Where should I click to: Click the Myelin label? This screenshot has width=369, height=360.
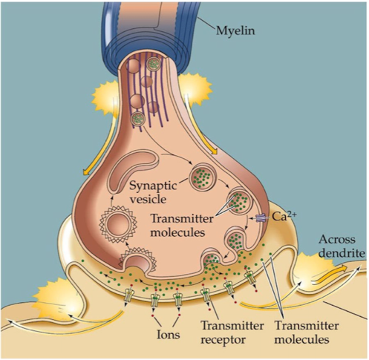(x=235, y=32)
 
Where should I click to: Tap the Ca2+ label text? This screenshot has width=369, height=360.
(x=284, y=216)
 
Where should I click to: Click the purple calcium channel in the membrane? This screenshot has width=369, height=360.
(x=261, y=218)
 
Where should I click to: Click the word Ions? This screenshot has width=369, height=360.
(x=169, y=335)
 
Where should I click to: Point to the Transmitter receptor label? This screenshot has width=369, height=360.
(x=232, y=333)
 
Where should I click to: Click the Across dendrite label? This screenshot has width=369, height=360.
(x=342, y=246)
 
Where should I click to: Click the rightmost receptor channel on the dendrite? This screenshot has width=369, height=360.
(x=249, y=278)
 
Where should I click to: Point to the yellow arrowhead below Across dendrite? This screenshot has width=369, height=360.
(x=343, y=268)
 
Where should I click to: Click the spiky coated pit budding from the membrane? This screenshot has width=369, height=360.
(x=137, y=259)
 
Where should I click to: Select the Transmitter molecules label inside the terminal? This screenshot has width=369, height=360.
(x=182, y=226)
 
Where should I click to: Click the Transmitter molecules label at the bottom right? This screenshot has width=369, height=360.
(x=307, y=333)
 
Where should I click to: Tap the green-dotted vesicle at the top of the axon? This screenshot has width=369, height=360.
(x=154, y=64)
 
